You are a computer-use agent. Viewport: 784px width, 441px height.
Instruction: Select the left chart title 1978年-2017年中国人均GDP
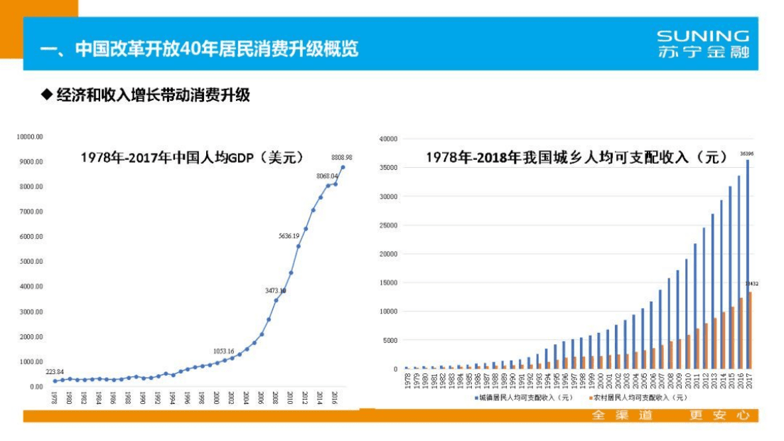[x=192, y=157]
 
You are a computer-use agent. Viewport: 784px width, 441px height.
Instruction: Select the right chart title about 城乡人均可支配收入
[x=577, y=157]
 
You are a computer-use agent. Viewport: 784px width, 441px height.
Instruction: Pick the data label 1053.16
[x=223, y=351]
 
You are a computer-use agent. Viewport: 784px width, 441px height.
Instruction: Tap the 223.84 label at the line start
[x=55, y=371]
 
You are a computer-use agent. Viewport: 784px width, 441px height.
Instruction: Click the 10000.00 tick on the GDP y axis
[x=31, y=137]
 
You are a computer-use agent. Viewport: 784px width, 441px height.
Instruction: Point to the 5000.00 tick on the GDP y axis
[x=32, y=261]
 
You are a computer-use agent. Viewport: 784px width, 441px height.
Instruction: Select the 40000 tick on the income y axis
[x=388, y=139]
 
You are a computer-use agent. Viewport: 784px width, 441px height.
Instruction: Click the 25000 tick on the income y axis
[x=388, y=225]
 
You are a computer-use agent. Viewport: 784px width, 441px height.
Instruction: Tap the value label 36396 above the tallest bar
[x=747, y=153]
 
